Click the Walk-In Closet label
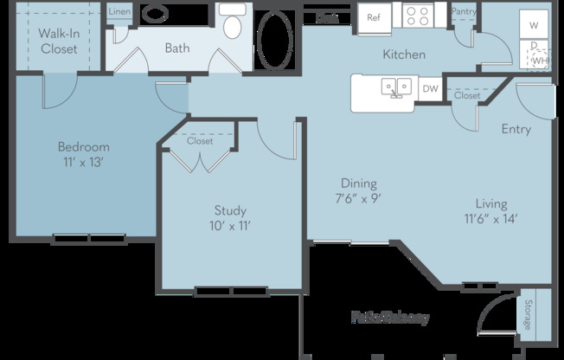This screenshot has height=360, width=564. click(59, 42)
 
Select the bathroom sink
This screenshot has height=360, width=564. click(156, 15)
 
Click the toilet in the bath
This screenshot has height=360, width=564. click(232, 22)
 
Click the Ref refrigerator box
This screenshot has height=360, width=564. click(374, 16)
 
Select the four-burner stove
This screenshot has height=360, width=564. click(420, 16)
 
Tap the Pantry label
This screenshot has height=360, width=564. click(464, 10)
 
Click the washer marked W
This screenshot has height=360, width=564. click(534, 24)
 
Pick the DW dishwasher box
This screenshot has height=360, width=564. click(430, 87)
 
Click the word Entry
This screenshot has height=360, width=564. click(516, 129)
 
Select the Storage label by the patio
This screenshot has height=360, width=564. click(528, 315)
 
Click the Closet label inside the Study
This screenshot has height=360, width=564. click(200, 140)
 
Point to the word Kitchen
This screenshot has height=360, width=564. click(404, 55)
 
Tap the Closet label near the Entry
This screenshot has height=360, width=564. click(467, 96)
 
